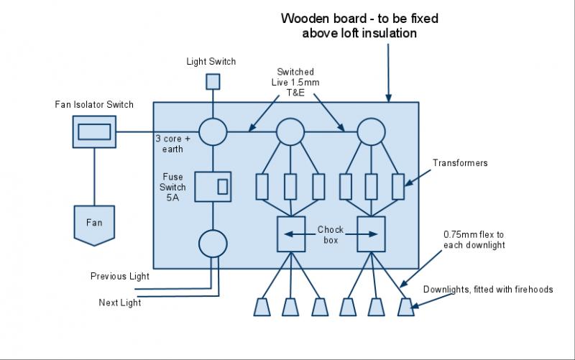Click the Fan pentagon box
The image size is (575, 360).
(94, 223)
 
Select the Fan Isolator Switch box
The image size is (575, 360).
(94, 131)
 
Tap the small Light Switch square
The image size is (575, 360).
(213, 81)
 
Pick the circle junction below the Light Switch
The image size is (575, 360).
(213, 131)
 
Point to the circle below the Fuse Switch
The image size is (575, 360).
(213, 244)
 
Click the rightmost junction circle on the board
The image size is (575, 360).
(372, 131)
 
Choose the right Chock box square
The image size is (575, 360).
(372, 234)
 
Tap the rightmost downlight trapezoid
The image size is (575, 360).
(406, 308)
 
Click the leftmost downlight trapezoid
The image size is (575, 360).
(261, 308)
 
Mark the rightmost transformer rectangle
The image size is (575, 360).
(397, 187)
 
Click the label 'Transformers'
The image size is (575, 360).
(460, 163)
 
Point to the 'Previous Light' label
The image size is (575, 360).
(119, 276)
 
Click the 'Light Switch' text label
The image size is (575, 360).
(211, 62)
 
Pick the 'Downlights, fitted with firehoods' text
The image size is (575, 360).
(487, 290)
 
